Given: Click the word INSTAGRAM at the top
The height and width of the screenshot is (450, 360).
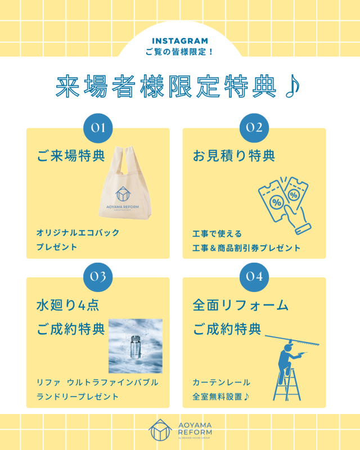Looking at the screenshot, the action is point(180,41).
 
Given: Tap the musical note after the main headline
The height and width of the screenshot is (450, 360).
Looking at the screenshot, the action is point(293,86).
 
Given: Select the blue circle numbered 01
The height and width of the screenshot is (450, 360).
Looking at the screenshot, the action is point(98,128).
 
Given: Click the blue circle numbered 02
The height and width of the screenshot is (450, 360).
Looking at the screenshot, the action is point(254,128).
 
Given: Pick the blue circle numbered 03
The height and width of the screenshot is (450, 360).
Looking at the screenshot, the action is point(98,277).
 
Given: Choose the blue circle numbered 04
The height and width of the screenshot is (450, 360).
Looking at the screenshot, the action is point(254,277).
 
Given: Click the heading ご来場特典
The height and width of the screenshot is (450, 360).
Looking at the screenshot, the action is point(71,156).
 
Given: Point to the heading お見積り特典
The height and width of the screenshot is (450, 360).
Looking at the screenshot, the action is point(234,156).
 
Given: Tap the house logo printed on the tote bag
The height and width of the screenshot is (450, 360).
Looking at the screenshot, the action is point(123,194).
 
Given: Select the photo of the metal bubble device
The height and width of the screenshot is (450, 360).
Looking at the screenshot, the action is point(135,346).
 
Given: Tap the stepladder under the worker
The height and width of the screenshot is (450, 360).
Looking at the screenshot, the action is point(287,385).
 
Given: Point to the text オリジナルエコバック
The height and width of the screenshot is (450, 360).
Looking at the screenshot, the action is point(78,232).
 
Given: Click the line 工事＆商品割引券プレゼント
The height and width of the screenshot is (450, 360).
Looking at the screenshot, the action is point(246,248).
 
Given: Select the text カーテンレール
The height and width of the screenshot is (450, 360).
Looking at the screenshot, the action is point(221,382).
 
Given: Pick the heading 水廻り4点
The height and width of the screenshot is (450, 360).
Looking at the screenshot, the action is point(67,305).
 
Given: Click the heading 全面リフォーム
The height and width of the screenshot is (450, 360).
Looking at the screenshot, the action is point(241,305).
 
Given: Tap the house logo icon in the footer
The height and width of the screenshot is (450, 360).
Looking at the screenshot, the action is point(160,430).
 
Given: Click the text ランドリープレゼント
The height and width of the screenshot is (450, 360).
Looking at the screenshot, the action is point(78,397).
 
